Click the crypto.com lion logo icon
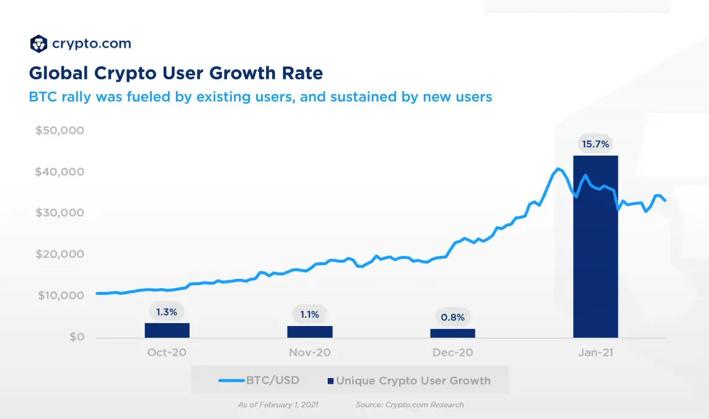point(38,44)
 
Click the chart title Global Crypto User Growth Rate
point(176,73)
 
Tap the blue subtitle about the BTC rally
point(260,97)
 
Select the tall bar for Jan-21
point(595,248)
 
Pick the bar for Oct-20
point(167,330)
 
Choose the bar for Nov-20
point(310,332)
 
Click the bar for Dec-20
point(452,333)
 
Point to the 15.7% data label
point(595,144)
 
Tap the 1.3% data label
point(167,312)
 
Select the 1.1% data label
point(310,314)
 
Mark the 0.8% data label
point(452,317)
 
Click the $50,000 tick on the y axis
point(59,131)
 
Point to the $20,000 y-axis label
point(59,254)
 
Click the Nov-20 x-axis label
point(310,353)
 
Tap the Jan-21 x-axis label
point(595,353)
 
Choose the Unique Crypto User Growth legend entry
point(409,381)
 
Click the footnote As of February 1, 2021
point(278,405)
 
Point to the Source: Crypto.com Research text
point(409,405)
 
